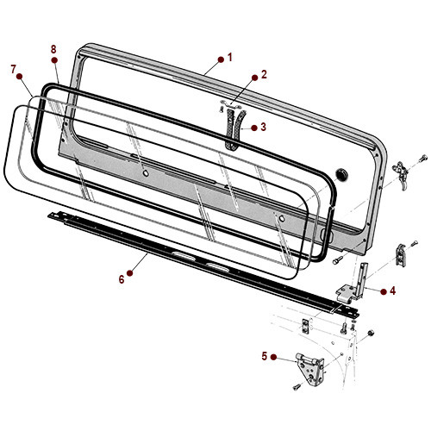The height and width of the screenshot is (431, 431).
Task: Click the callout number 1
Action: tap(230, 57)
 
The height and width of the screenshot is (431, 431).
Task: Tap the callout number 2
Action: tap(264, 74)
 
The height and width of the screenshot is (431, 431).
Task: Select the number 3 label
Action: tap(264, 128)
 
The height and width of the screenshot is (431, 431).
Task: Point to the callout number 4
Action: tap(392, 291)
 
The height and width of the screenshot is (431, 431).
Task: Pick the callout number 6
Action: tap(122, 278)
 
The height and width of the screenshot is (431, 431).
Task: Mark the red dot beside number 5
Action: tap(275, 356)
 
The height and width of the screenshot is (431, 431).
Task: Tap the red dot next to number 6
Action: tap(132, 278)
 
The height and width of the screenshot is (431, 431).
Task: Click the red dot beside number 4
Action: tap(382, 291)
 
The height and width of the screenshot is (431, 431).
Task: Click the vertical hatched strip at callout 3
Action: tap(231, 132)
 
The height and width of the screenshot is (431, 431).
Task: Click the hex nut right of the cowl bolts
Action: tap(370, 333)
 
